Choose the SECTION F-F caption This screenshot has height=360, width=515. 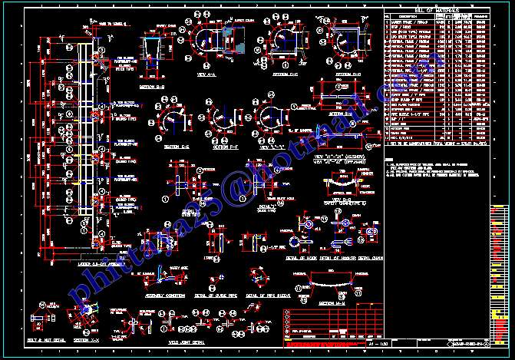pos(223,147)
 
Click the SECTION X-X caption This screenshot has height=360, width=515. pos(86,339)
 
